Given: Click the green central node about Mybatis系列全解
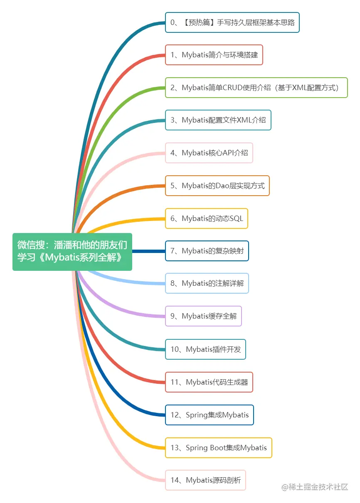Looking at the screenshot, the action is [72, 252].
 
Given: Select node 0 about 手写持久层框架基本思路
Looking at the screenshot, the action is [232, 22].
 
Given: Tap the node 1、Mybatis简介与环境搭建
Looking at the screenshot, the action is [214, 55].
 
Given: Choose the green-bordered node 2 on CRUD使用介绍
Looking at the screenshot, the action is [256, 88].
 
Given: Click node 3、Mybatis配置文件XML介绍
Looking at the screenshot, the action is [218, 120].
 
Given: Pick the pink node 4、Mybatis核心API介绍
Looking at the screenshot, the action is [209, 153].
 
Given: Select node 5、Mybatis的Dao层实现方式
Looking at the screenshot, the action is [217, 186].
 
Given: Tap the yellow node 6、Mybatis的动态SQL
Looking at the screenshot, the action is [207, 218].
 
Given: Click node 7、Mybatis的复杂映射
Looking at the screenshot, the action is [207, 251].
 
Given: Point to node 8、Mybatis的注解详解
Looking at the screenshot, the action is [207, 283].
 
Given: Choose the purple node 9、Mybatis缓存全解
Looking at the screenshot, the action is [203, 316].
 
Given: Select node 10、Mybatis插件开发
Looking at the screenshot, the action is [205, 349].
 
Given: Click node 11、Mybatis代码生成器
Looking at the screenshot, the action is [209, 382].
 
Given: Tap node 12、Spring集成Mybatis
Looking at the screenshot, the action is [210, 415].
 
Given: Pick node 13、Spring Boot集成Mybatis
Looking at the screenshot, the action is [218, 448].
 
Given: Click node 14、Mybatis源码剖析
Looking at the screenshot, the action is [205, 480].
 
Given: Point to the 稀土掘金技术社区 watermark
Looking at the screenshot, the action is [315, 487].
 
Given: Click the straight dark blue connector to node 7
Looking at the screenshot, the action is [148, 251].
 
